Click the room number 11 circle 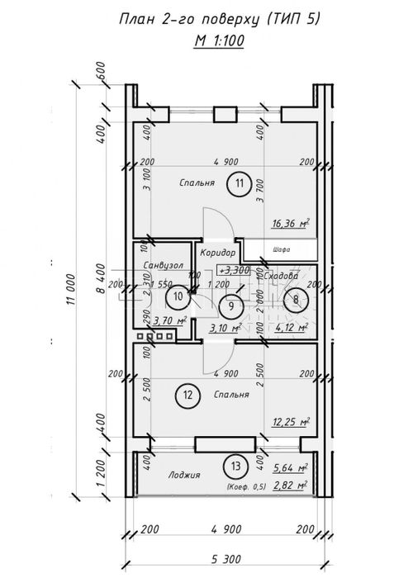(239, 183)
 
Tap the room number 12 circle (188, 395)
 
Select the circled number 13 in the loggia (236, 467)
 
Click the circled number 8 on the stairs (296, 300)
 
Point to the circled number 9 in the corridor (231, 306)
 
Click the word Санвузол (161, 265)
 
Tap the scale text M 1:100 (221, 39)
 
